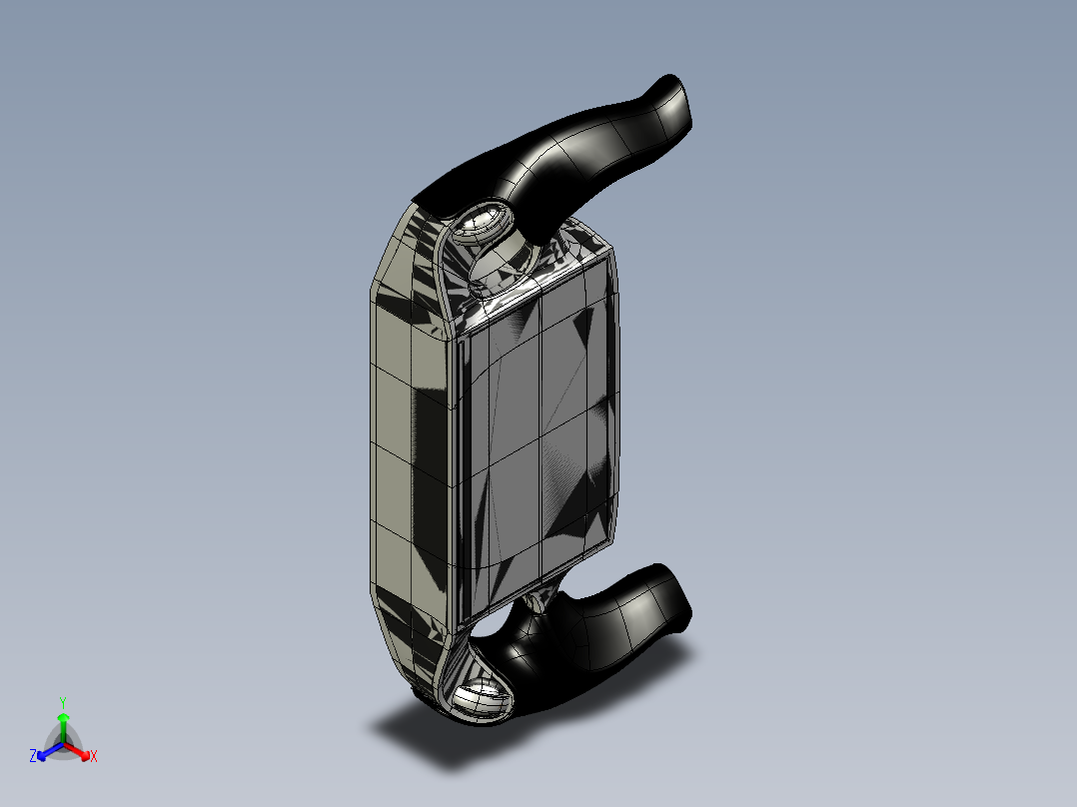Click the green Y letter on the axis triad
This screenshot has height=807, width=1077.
pyautogui.click(x=63, y=703)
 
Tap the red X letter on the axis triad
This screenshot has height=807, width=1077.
pyautogui.click(x=94, y=756)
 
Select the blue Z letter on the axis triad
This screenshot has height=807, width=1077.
pyautogui.click(x=33, y=756)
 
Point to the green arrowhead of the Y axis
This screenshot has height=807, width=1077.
pyautogui.click(x=63, y=717)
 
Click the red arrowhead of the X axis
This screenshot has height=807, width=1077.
pyautogui.click(x=85, y=755)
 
